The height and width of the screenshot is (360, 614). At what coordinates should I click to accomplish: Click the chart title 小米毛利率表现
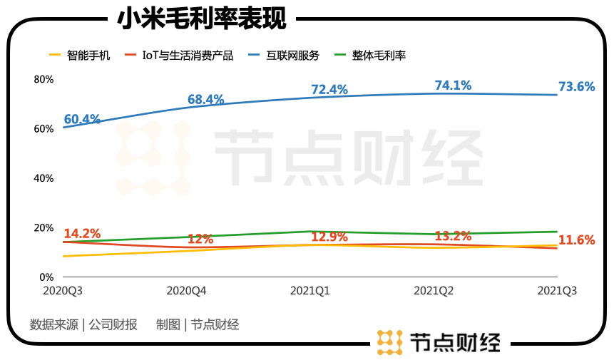pos(202,19)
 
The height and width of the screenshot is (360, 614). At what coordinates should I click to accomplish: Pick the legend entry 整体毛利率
pos(379,55)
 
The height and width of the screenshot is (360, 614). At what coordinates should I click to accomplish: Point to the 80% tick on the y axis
pos(44,79)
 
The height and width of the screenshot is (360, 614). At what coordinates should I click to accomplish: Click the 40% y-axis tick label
pos(44,178)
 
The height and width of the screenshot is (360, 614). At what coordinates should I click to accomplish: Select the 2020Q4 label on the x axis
pos(186,291)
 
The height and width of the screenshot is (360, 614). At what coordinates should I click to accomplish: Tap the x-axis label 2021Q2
pos(434,291)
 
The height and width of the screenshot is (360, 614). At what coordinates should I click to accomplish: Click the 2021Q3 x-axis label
pos(556,291)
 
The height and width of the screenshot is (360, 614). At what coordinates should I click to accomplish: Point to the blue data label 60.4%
pos(82,119)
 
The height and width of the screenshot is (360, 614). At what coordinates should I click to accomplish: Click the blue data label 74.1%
pos(453,86)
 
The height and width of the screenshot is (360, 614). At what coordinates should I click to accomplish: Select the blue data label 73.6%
pos(576,86)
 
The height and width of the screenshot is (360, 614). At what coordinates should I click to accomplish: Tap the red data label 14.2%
pos(82,233)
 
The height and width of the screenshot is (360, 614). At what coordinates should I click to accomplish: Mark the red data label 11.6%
pos(576,240)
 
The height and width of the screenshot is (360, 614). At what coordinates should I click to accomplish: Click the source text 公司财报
pos(113,325)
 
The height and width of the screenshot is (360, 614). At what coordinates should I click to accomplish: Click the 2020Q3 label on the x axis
pos(63,291)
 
